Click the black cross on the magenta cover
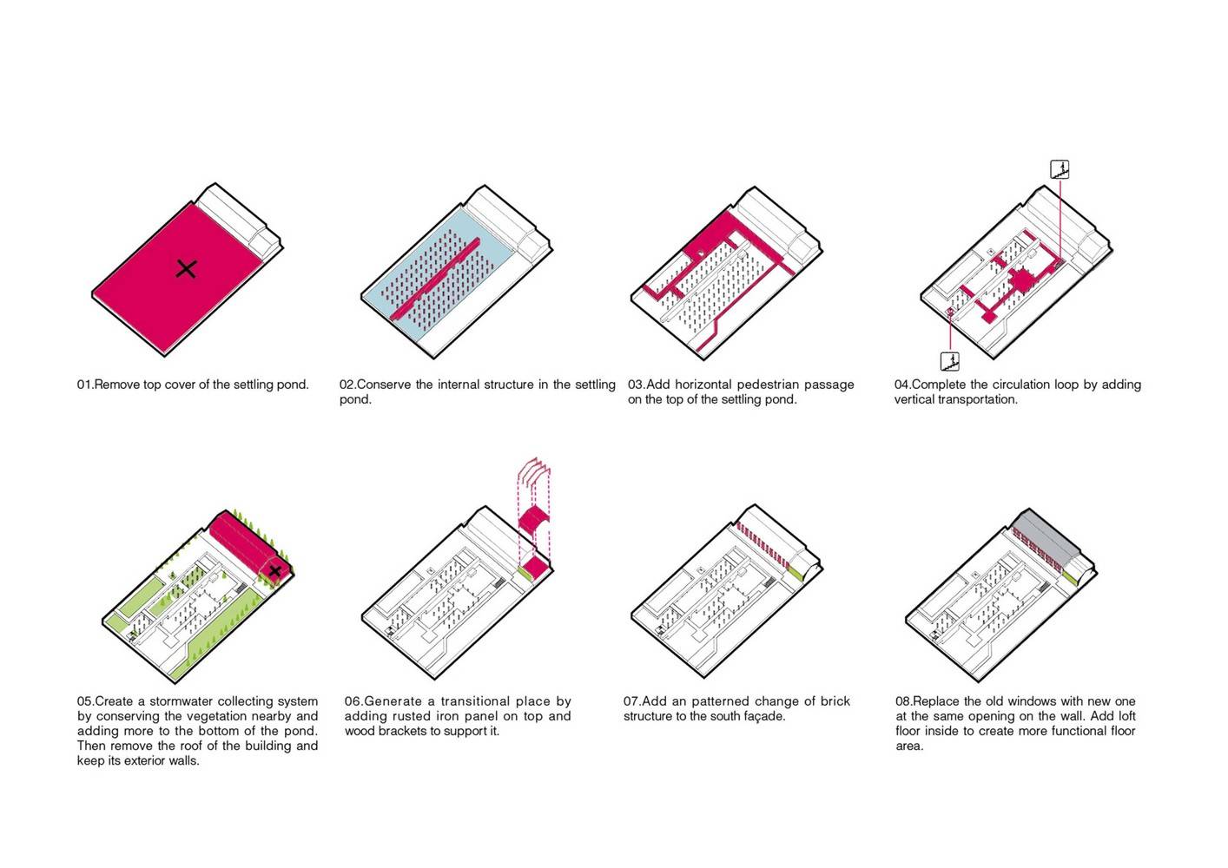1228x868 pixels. (187, 269)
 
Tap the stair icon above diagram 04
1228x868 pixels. (1060, 169)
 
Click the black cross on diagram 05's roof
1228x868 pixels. (274, 571)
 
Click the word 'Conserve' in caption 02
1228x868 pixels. (383, 385)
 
